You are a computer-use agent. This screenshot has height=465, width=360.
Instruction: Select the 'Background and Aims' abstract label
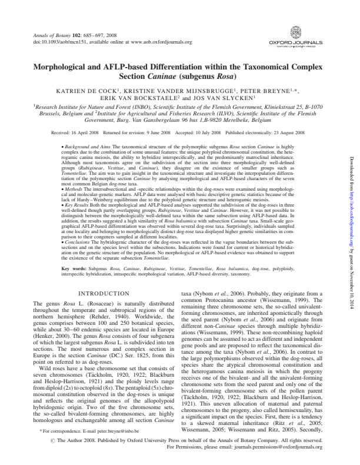(x=86, y=144)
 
